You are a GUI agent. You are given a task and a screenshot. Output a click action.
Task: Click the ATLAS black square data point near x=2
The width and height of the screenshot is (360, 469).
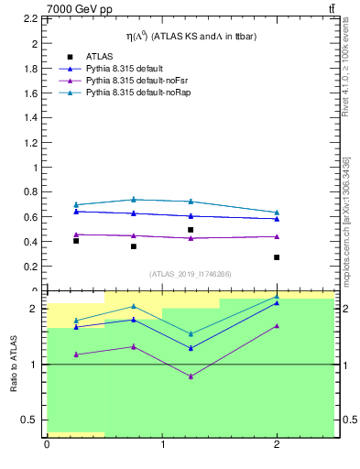[277, 257]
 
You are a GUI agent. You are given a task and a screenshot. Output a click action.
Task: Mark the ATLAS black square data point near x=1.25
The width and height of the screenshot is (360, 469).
[191, 230]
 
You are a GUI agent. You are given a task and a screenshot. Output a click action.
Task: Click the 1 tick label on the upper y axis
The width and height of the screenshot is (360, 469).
[35, 168]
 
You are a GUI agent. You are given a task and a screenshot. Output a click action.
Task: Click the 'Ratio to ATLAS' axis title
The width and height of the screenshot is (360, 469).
[14, 364]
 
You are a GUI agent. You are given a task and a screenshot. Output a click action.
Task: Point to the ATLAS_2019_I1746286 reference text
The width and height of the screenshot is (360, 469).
[191, 273]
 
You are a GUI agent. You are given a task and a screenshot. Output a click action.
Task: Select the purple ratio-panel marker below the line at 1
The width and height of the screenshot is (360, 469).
[191, 376]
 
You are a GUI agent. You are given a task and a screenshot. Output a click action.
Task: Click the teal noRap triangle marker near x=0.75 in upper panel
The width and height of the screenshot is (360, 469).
[134, 199]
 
